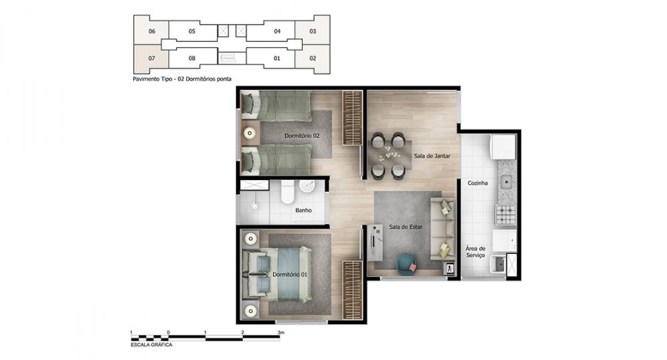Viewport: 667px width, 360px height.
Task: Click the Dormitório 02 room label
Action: point(302,136)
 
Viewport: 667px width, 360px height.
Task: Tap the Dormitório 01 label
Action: point(289,275)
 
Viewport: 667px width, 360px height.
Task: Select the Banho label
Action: point(303,210)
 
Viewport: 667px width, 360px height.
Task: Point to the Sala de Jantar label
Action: point(432,156)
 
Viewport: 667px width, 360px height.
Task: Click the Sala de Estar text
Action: point(406,227)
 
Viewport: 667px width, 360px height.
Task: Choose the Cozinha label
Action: point(478,183)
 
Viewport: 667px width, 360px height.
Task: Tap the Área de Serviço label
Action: point(475,251)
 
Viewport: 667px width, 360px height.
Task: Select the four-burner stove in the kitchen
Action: point(506,214)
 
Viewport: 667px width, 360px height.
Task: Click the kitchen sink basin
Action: point(506,183)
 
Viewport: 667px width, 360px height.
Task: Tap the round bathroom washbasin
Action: point(307,186)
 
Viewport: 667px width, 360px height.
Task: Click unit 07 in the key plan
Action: point(151,58)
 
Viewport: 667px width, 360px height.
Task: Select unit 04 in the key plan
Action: point(277,31)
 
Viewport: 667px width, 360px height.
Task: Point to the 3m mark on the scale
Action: point(280,333)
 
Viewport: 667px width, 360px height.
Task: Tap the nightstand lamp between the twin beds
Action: point(249,133)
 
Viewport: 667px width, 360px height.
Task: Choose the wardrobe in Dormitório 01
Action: point(352,290)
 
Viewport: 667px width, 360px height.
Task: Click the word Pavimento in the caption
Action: point(145,79)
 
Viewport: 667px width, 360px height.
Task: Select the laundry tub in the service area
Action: point(498,265)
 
